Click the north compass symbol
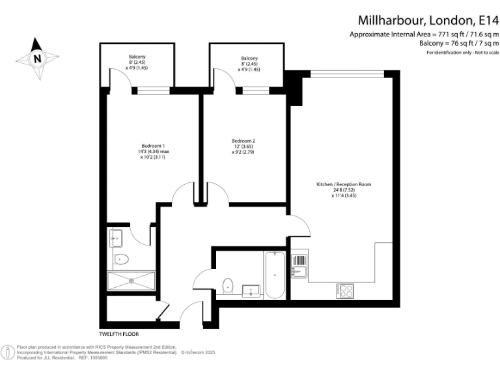click(x=37, y=57)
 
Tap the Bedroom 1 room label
click(x=154, y=145)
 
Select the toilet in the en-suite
click(x=121, y=260)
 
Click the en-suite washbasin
click(x=115, y=238)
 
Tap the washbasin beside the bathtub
click(x=249, y=289)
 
